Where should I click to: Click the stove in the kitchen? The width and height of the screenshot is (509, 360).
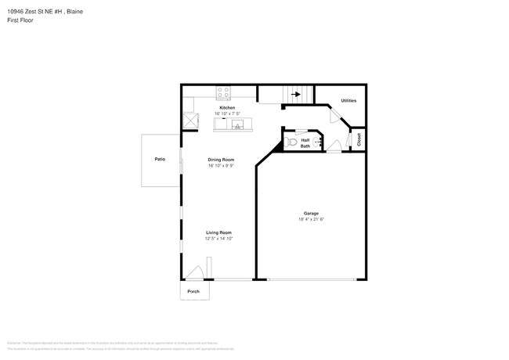point(225,91)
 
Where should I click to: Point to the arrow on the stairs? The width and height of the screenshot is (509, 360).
point(296,95)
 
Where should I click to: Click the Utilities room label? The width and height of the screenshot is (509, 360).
point(348,101)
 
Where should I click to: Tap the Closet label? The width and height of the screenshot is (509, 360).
point(359,139)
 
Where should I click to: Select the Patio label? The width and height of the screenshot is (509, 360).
point(160,159)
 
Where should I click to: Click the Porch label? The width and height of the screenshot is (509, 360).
point(193,292)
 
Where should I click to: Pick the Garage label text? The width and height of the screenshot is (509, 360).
point(311,214)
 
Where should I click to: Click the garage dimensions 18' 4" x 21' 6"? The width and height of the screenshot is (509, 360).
point(311,220)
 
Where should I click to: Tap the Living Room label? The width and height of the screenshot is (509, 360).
point(218,232)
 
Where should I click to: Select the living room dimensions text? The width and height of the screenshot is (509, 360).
point(218,239)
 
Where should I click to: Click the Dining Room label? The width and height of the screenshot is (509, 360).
point(221,160)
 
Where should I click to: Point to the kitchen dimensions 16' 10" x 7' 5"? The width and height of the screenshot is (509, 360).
point(227,113)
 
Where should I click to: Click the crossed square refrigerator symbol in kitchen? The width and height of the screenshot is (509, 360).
point(190,121)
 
